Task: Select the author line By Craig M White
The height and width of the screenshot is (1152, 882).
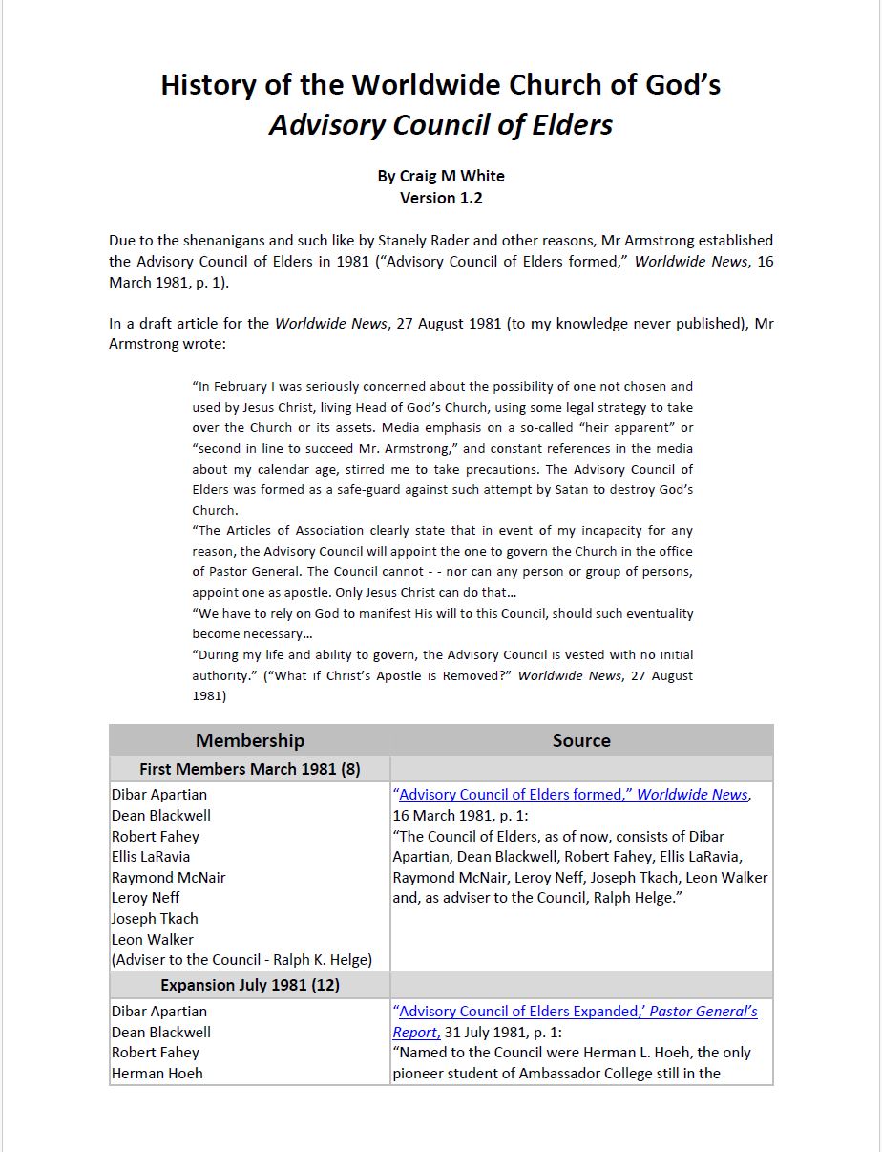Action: tap(440, 176)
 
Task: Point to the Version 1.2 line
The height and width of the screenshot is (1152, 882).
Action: tap(440, 198)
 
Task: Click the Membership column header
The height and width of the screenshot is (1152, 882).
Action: tap(249, 740)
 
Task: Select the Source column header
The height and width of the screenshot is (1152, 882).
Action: tap(580, 740)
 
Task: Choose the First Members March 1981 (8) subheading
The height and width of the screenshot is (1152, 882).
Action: tap(249, 769)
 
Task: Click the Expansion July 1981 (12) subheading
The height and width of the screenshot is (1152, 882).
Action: tap(249, 985)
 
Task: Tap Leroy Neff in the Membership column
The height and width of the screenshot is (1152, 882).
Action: tap(145, 898)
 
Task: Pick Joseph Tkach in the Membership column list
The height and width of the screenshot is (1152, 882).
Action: tap(155, 919)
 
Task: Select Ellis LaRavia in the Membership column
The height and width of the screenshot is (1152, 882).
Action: tap(151, 857)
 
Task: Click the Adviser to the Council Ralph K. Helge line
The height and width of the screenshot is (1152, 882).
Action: tap(241, 960)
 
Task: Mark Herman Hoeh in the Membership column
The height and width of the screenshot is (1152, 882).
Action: tap(157, 1074)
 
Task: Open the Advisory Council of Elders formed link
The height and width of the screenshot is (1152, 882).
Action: tap(573, 795)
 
